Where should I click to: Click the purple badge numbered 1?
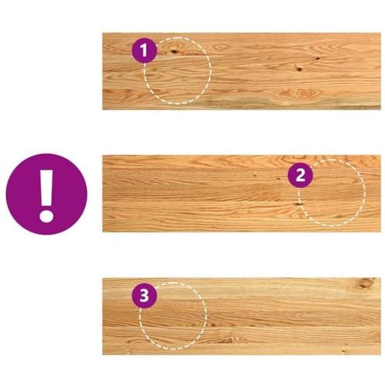144,50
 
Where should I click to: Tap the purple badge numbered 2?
301,176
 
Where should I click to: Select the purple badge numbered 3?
144,296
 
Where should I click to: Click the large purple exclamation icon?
46,194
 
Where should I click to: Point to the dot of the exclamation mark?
46,216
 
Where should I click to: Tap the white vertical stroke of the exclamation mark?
46,187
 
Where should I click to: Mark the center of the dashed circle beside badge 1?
177,70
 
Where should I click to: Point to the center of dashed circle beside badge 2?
332,193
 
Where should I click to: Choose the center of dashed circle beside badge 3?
173,315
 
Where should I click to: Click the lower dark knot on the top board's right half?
299,69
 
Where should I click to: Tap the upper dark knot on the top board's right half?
318,58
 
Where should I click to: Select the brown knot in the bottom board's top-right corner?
365,283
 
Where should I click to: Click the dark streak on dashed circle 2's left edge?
299,204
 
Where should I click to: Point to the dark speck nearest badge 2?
279,178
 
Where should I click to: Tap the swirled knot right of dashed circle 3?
228,339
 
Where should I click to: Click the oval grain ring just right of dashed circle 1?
220,47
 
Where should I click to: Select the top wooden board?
242,71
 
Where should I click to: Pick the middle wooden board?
242,194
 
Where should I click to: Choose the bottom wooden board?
242,316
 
